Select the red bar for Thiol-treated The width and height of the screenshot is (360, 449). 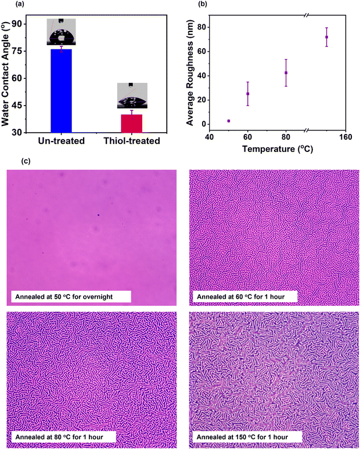[131, 123]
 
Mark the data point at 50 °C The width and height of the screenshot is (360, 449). [229, 121]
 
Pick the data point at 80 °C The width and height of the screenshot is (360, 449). [286, 73]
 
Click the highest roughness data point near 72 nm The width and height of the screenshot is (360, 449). [326, 37]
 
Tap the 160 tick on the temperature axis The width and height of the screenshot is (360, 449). [345, 137]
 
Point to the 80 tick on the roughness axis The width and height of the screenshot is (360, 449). [206, 27]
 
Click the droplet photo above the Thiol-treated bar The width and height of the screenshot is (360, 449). [131, 96]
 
